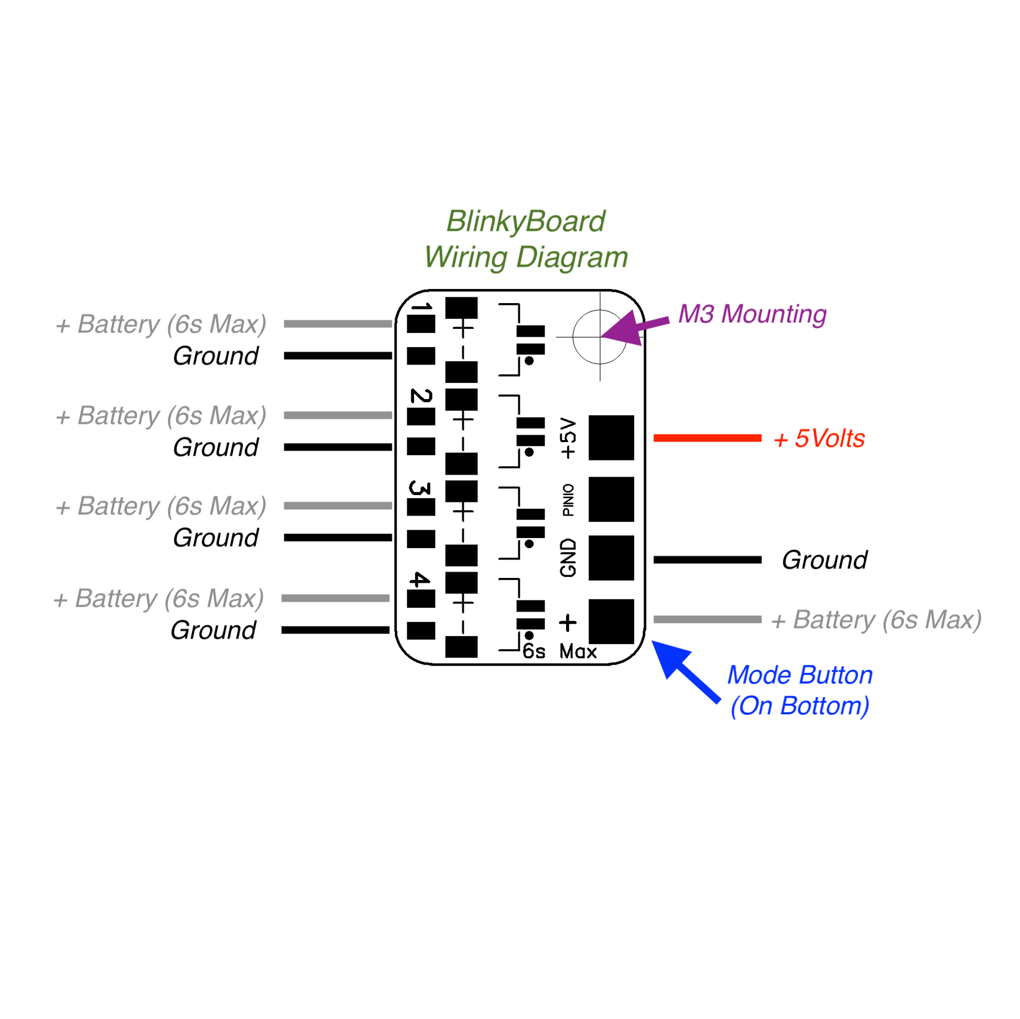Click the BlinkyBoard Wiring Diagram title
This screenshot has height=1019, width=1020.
pos(526,239)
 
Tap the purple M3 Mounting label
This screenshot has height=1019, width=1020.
pos(752,314)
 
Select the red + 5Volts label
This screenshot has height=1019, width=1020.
pos(819,438)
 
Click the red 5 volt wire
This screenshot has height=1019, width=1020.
pos(708,437)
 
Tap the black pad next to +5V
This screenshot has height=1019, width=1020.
pos(611,437)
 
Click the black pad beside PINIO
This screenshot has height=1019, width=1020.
pos(611,499)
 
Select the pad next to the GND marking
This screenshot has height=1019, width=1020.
pos(611,558)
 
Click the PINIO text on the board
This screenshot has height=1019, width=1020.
pos(568,500)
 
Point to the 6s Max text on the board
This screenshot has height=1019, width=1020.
pos(559,651)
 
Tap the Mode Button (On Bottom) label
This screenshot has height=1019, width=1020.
pos(800,690)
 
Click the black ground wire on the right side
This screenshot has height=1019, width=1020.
pos(708,560)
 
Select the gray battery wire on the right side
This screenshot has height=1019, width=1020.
pos(708,619)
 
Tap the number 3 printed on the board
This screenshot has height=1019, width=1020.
pos(420,488)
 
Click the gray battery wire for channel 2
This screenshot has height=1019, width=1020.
pos(338,415)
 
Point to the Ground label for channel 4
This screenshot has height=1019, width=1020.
pos(213,630)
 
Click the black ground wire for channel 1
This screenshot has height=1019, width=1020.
pos(338,356)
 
